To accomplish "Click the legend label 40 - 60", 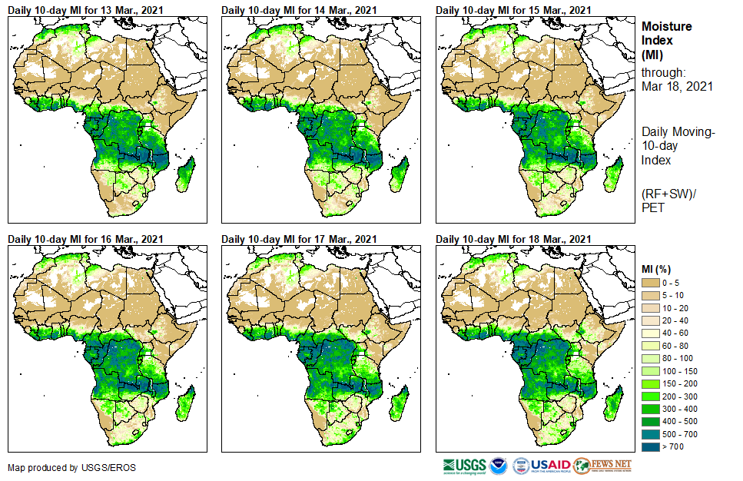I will [x=676, y=333].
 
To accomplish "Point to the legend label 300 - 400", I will [x=679, y=409].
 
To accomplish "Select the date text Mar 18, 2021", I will [x=677, y=86].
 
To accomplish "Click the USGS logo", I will [x=465, y=466].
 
